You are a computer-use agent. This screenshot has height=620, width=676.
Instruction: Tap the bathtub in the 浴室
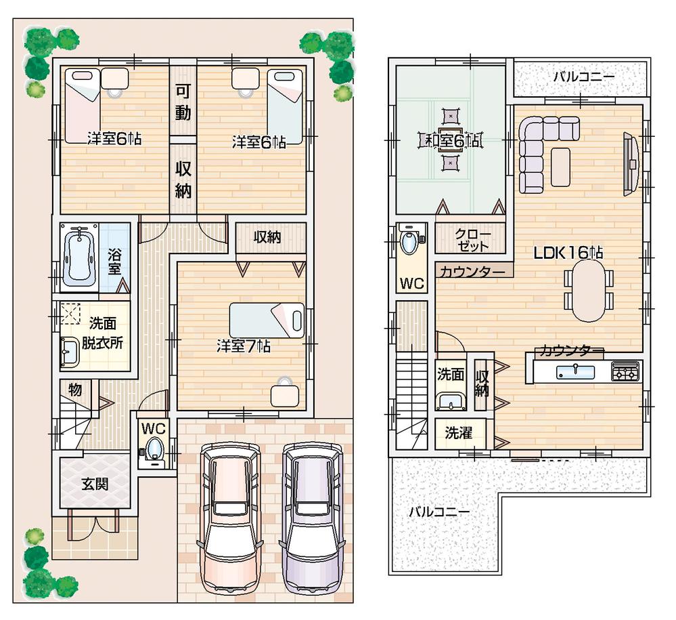[x=80, y=257]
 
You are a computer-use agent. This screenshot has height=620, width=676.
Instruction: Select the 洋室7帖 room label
[x=243, y=346]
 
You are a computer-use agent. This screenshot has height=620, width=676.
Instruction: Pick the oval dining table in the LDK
[x=587, y=289]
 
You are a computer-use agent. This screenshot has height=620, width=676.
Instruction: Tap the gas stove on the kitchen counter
[x=625, y=371]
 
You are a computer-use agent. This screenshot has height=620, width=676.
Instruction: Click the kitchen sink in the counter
[x=575, y=371]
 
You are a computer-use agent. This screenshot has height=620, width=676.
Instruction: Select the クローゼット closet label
[x=472, y=239]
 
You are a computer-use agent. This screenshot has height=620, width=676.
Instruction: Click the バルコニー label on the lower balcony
[x=438, y=511]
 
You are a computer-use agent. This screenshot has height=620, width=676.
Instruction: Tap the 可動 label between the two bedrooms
[x=183, y=102]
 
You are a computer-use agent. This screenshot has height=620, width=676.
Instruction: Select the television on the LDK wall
[x=631, y=163]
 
